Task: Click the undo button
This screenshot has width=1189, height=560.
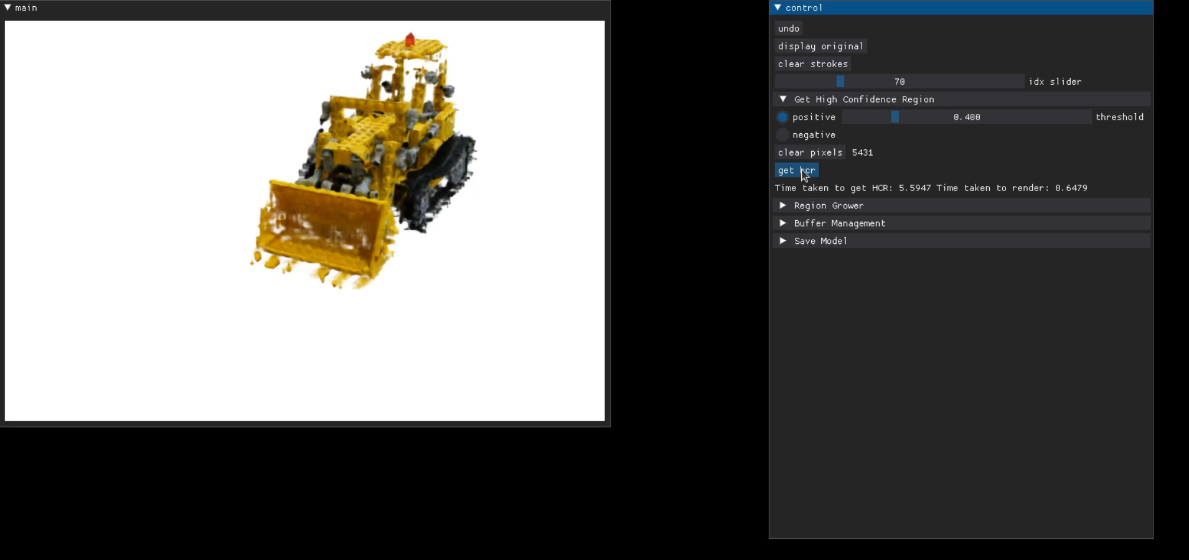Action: [789, 29]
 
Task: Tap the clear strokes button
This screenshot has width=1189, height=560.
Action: [812, 64]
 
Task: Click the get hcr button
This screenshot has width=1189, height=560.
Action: [796, 170]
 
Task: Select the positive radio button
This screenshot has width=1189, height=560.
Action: [782, 117]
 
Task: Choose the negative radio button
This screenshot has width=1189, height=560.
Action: [782, 135]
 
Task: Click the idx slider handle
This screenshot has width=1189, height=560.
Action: [840, 82]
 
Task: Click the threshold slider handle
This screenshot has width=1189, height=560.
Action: [895, 117]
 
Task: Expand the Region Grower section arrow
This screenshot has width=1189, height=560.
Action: [783, 205]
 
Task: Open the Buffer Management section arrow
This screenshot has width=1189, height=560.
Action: [783, 223]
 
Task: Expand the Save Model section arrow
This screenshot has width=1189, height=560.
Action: [783, 241]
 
